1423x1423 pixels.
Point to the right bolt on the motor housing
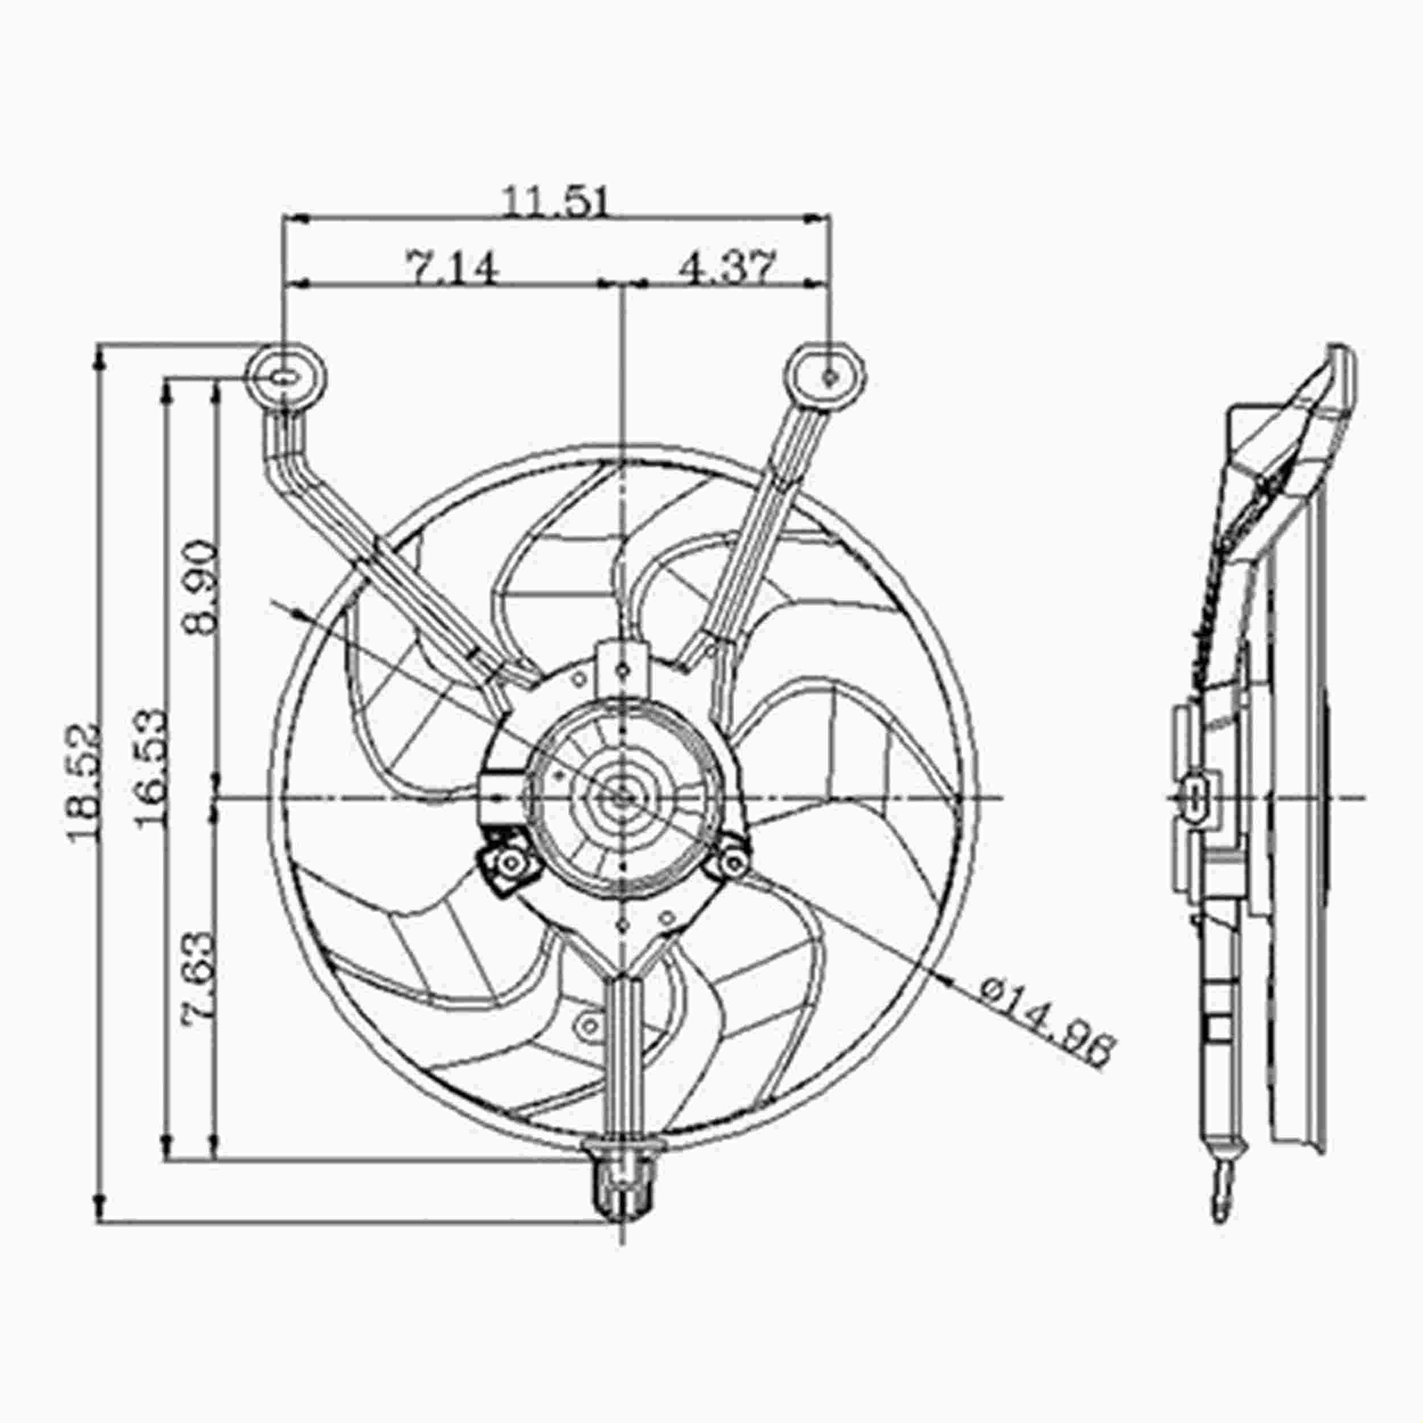click(x=734, y=859)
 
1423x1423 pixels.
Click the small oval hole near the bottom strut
click(x=590, y=1024)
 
